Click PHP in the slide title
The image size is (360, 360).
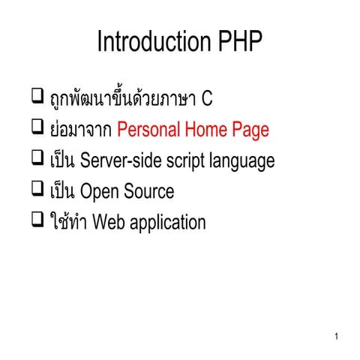(239, 42)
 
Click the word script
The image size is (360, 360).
(187, 160)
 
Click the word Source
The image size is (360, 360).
(148, 191)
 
